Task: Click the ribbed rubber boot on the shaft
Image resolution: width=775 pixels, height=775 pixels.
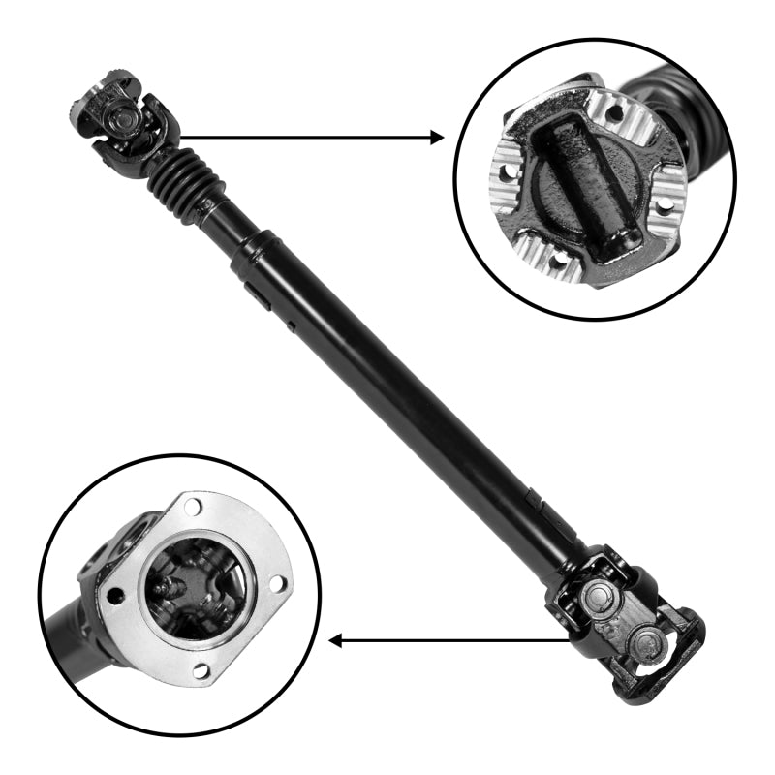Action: [x=180, y=180]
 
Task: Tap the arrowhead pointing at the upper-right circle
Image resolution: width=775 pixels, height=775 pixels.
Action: [x=436, y=138]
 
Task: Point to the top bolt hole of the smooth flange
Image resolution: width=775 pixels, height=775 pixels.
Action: [x=190, y=505]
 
